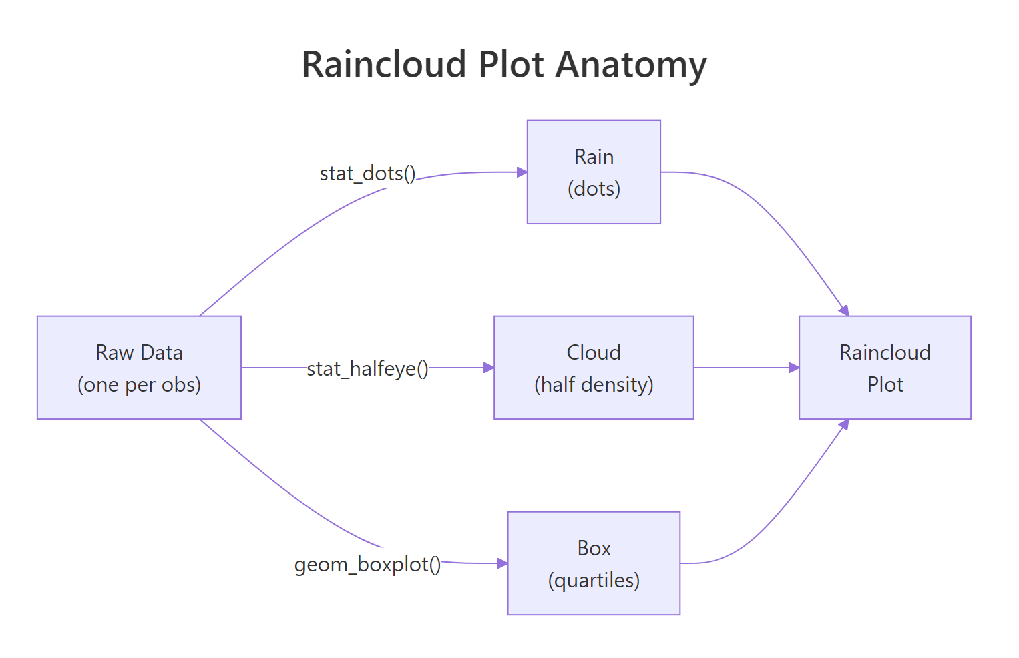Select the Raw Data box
coord(139,367)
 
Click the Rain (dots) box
coord(594,172)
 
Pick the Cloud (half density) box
coord(594,367)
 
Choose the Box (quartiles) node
coord(594,563)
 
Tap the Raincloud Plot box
coord(885,367)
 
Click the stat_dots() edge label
coord(367,174)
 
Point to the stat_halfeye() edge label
coord(367,368)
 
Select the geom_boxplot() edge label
coord(367,565)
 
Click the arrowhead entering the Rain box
coord(522,172)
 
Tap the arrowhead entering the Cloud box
coord(489,368)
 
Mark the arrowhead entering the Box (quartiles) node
coord(503,563)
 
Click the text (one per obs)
coord(139,385)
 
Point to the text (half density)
coord(594,385)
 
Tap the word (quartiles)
coord(594,581)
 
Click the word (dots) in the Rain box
coord(594,189)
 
